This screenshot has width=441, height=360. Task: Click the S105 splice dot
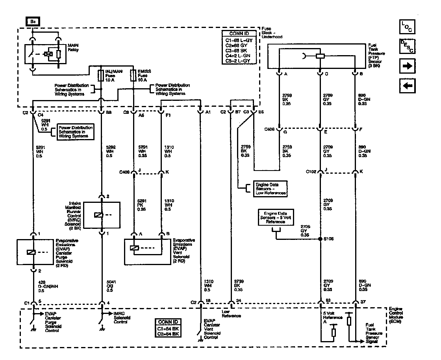point(320,239)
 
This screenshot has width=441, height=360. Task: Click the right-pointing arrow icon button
point(407,66)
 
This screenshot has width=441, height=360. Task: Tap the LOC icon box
point(407,27)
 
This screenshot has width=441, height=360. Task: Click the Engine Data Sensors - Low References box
point(267,189)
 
